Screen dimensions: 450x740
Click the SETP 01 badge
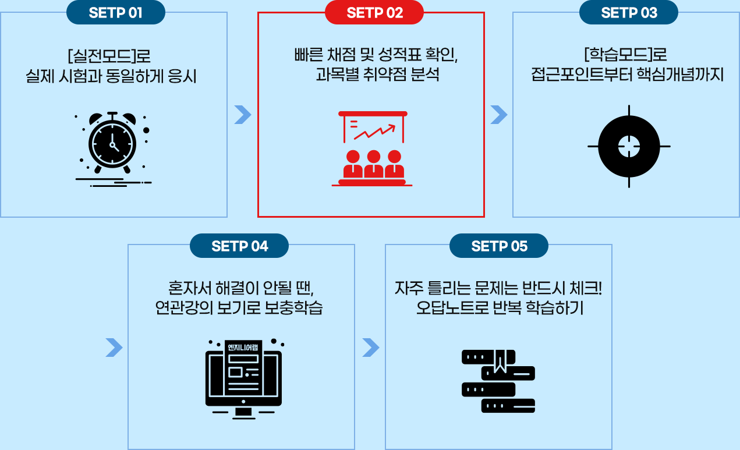tap(115, 13)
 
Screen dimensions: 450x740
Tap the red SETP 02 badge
tap(374, 13)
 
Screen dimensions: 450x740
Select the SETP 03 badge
tap(629, 13)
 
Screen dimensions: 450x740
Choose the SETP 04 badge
tap(239, 246)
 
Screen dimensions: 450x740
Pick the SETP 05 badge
tap(499, 246)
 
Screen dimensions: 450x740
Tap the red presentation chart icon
tap(373, 148)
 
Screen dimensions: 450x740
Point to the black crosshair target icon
tap(629, 146)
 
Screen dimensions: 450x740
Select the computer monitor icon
tap(243, 378)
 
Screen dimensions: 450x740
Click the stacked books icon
tap(498, 381)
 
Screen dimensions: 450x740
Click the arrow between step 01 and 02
tap(242, 115)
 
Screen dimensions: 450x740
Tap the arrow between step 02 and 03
tap(498, 115)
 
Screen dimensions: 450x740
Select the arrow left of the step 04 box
tap(114, 348)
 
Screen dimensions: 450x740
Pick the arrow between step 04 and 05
tap(370, 348)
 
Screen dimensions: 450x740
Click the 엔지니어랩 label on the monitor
tap(243, 348)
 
